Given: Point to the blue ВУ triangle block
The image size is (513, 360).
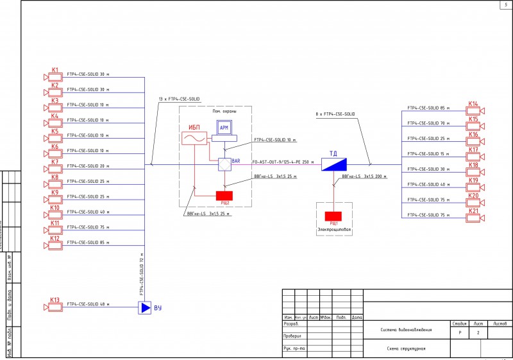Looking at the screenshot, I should pos(145,308).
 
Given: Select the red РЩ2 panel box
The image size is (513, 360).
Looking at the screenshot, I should pos(224,195).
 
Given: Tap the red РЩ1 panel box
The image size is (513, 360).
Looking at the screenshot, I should pos(333,216).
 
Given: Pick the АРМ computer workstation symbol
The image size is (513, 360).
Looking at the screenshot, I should pos(224,129).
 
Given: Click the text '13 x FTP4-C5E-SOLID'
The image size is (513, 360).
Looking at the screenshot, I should pos(179,99).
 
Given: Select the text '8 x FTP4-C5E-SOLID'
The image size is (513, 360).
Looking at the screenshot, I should pos(335,114).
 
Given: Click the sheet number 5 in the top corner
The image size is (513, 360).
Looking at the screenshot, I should pos(506,5).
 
